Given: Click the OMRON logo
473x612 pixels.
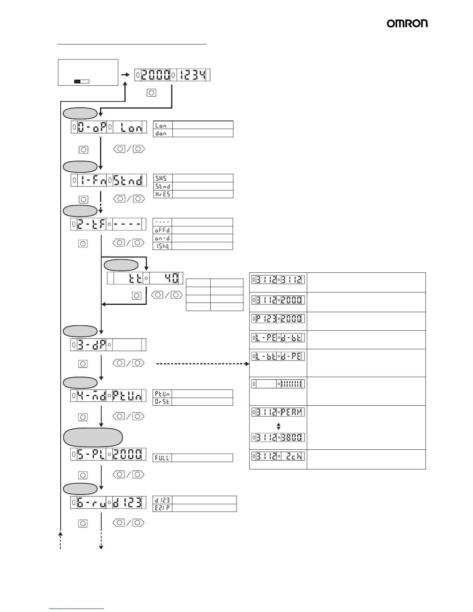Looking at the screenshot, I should point(407,24).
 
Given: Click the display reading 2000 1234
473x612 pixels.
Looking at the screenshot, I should point(172,75).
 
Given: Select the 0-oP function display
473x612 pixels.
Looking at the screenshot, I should point(109,127).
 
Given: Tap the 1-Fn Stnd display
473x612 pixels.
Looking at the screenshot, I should point(109,180).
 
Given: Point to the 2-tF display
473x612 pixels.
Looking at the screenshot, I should point(109,224).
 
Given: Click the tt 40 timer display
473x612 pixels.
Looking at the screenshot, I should point(145,278).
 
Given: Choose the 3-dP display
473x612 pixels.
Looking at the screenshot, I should point(109,345).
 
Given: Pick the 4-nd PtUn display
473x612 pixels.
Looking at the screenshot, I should point(109,396).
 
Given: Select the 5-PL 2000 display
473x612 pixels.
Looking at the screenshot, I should point(109,454).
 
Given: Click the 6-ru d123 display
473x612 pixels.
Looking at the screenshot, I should point(109,502).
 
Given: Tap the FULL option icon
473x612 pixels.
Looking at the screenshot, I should point(162,458).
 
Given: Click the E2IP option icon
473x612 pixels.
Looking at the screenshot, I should point(162,508).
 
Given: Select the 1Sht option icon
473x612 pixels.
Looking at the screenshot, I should point(162,246).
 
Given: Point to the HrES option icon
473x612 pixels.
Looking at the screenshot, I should point(163,194).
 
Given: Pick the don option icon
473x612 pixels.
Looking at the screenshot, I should point(163,133).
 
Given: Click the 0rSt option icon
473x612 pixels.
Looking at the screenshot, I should point(162,401).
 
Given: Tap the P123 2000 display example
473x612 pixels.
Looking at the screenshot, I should point(278,319).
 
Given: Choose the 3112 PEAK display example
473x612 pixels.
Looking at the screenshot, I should point(278,412).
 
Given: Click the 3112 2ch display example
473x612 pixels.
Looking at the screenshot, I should point(278,456).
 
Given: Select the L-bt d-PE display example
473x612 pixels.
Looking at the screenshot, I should point(278,356).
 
